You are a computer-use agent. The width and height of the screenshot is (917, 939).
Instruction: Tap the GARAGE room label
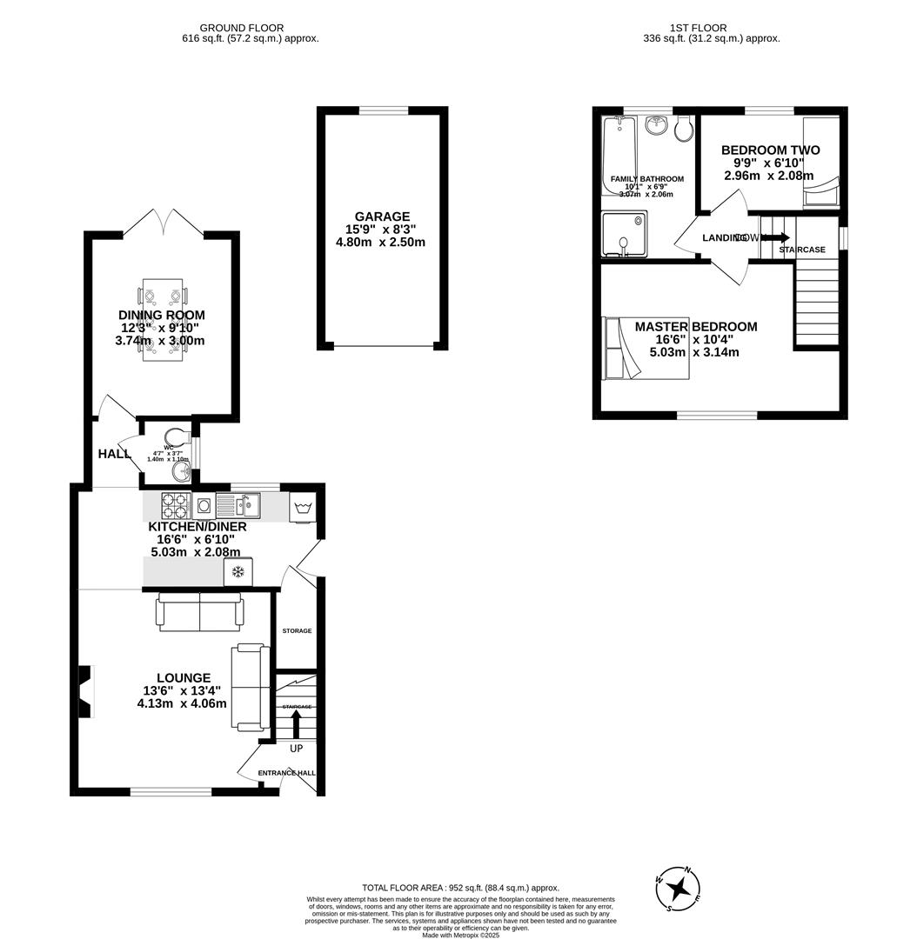382,216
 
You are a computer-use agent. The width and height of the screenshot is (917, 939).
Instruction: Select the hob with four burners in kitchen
175,505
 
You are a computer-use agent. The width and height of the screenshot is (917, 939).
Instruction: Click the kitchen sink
238,505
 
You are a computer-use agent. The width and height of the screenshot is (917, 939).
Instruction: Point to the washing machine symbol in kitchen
303,508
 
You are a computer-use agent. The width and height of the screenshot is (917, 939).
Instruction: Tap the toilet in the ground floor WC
176,436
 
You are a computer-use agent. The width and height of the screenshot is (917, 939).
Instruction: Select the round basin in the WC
181,471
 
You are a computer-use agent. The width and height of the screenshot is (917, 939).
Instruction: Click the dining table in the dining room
163,323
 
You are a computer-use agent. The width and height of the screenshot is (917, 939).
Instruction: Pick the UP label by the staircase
296,749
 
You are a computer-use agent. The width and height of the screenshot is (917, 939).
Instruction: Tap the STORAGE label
297,630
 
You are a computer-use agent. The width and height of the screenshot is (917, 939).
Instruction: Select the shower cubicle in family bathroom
624,234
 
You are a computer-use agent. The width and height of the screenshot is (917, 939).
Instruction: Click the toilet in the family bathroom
684,129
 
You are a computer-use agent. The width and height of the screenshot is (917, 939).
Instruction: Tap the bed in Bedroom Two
820,162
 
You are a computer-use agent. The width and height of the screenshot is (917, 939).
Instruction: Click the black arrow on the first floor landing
779,237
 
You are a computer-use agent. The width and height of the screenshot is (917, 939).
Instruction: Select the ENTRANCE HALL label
287,772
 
